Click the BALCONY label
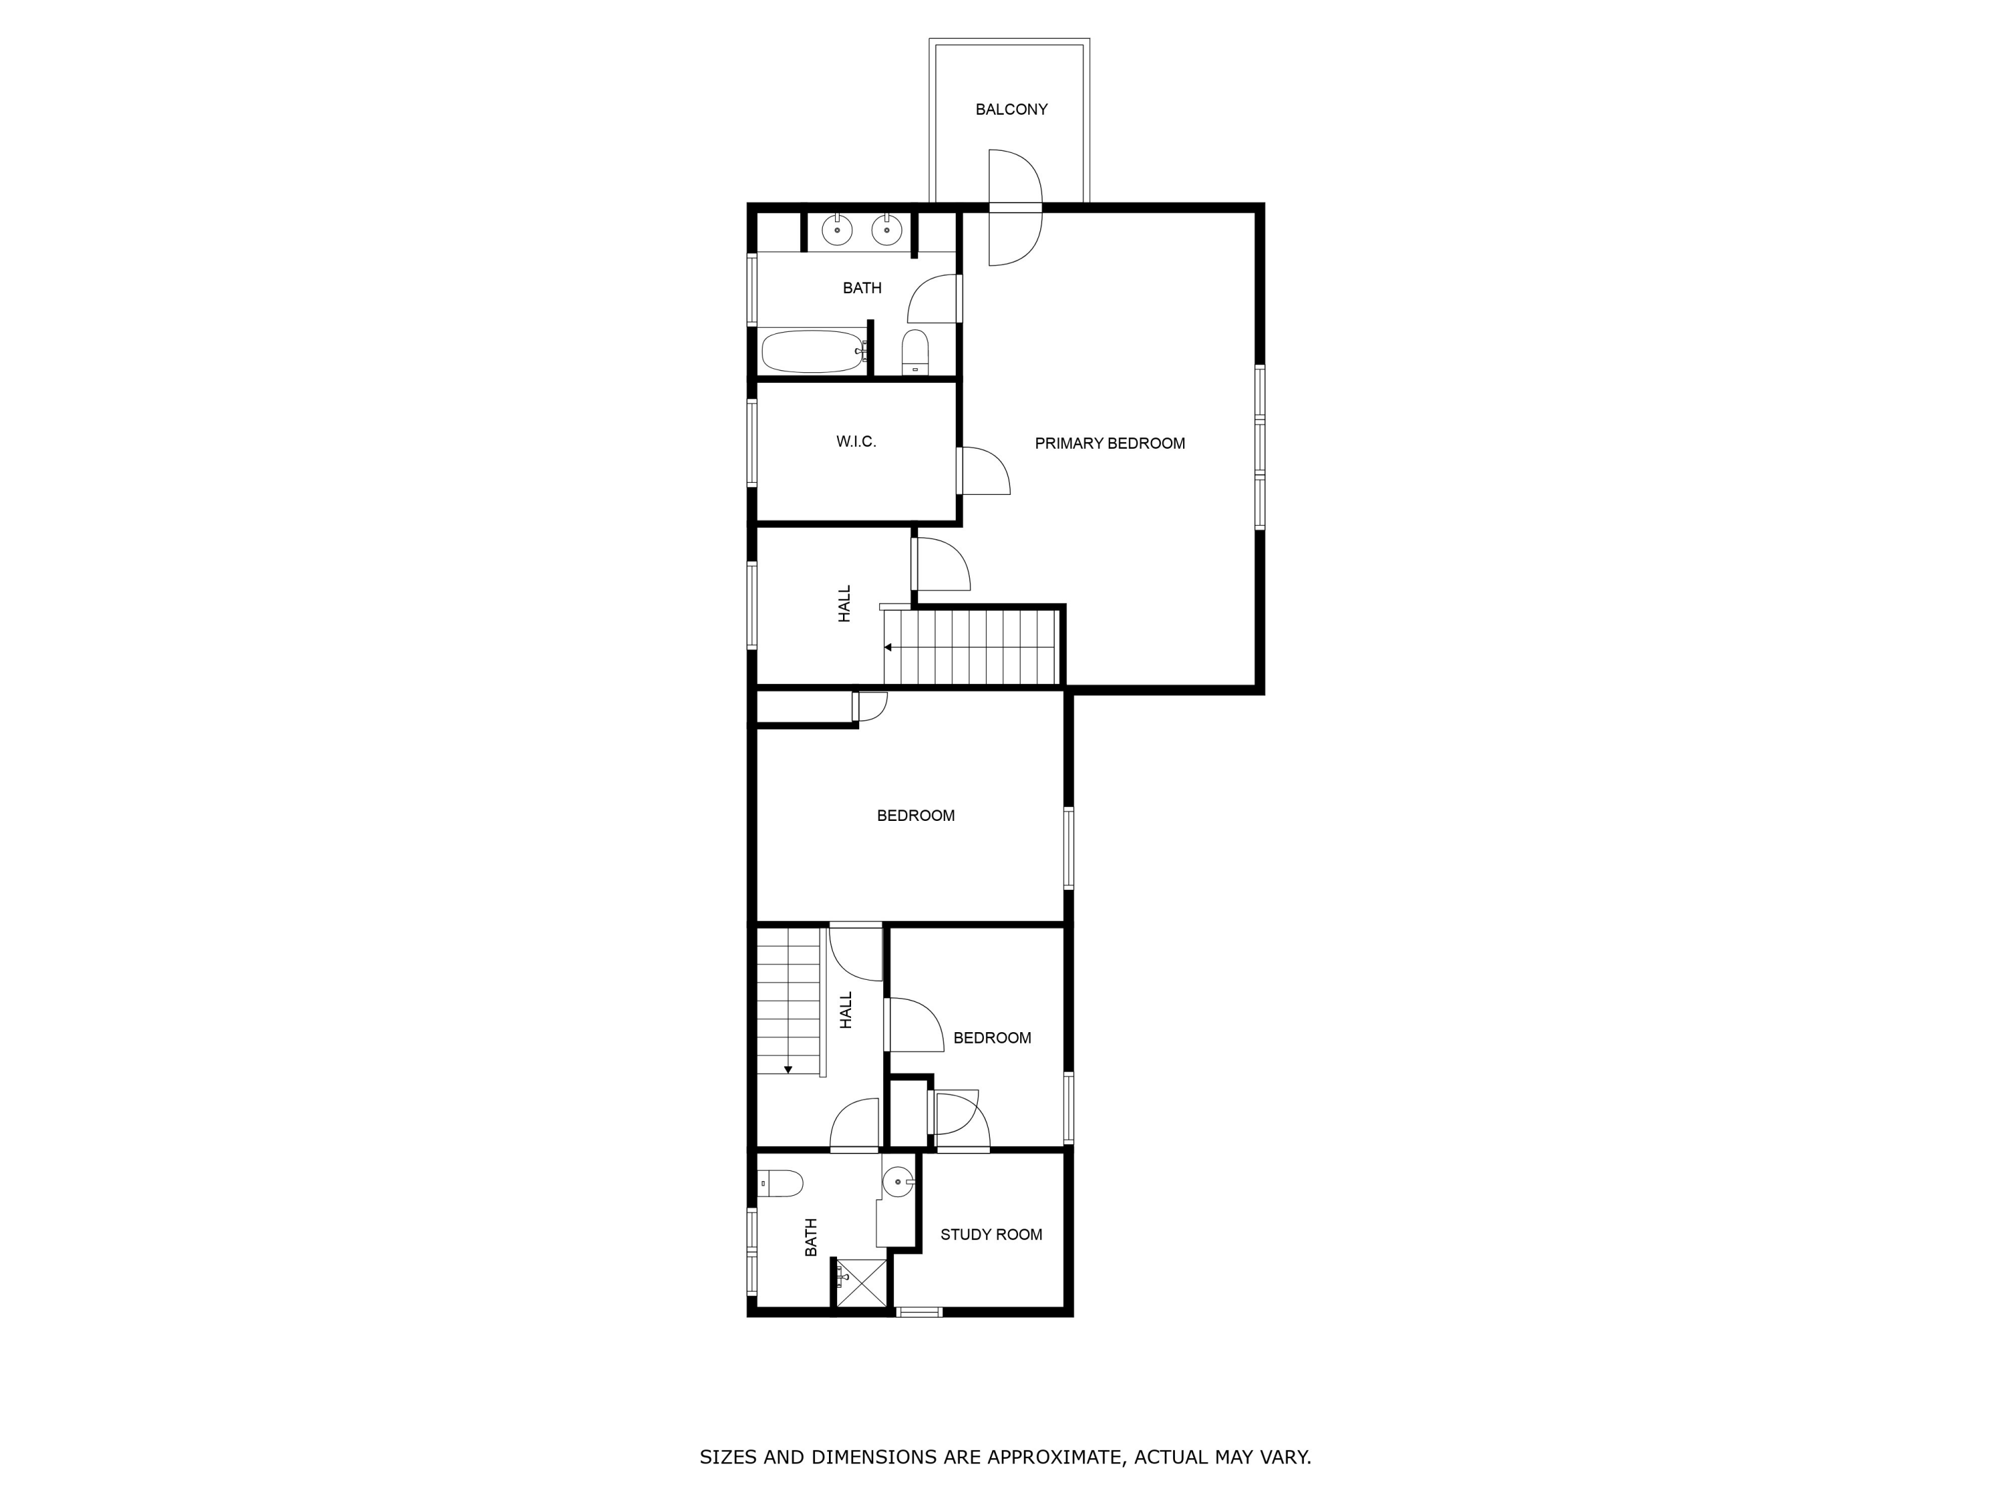coord(1011,109)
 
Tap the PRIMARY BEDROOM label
coord(1110,444)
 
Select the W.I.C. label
coord(856,442)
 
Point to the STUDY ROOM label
coord(991,1234)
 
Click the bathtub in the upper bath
coord(812,352)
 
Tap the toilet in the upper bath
coord(915,352)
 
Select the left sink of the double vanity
coord(837,230)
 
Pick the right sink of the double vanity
coord(886,230)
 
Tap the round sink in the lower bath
coord(898,1182)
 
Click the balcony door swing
coord(1014,207)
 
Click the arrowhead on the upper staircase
coord(888,648)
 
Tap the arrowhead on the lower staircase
coord(789,1069)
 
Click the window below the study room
coord(919,1312)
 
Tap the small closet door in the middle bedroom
coord(870,707)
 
